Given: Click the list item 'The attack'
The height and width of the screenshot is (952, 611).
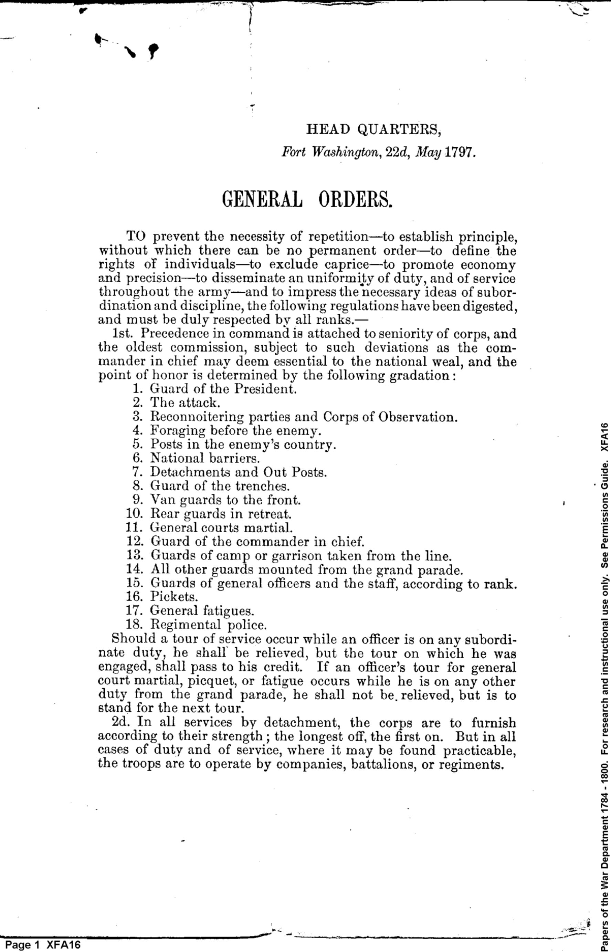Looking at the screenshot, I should click(184, 402).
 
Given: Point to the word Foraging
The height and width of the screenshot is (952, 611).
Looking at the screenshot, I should click(177, 431).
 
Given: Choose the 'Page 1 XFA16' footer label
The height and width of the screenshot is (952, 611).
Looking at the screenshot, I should click(43, 944).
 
